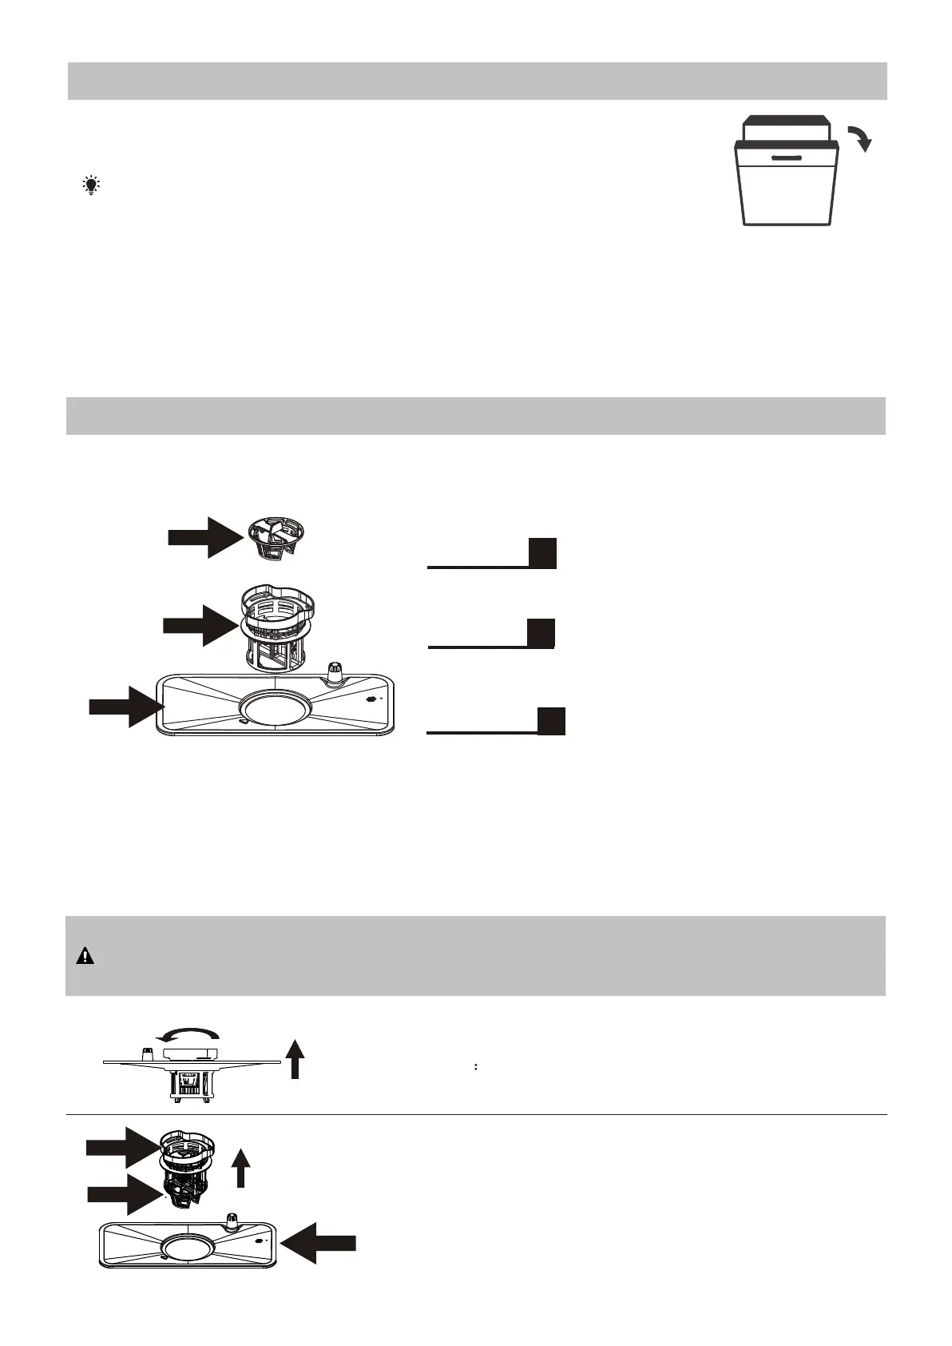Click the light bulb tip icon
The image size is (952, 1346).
[x=92, y=186]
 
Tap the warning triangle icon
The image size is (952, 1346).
[x=84, y=956]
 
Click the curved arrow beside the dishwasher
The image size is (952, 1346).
[x=859, y=137]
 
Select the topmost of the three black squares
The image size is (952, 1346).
[x=542, y=553]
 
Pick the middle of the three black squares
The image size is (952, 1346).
[x=541, y=633]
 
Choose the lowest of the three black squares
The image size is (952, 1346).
[x=551, y=721]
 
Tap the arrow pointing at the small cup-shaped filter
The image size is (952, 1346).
[x=204, y=536]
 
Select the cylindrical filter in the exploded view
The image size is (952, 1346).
[x=276, y=626]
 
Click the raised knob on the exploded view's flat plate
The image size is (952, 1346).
[x=335, y=673]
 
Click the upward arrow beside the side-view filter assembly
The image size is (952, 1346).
[x=295, y=1058]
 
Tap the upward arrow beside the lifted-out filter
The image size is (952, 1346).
[x=240, y=1169]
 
